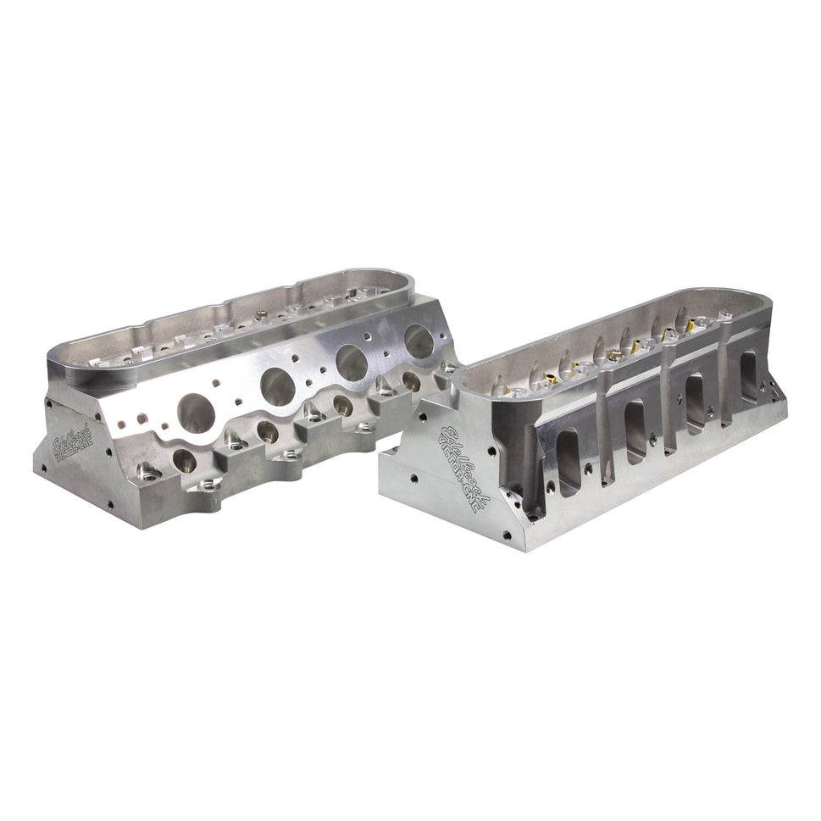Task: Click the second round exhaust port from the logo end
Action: [x=277, y=386]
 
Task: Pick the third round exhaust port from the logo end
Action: [x=352, y=362]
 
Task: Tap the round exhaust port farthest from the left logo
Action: [x=418, y=339]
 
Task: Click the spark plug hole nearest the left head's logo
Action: [x=184, y=460]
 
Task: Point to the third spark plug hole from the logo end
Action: [x=343, y=404]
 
